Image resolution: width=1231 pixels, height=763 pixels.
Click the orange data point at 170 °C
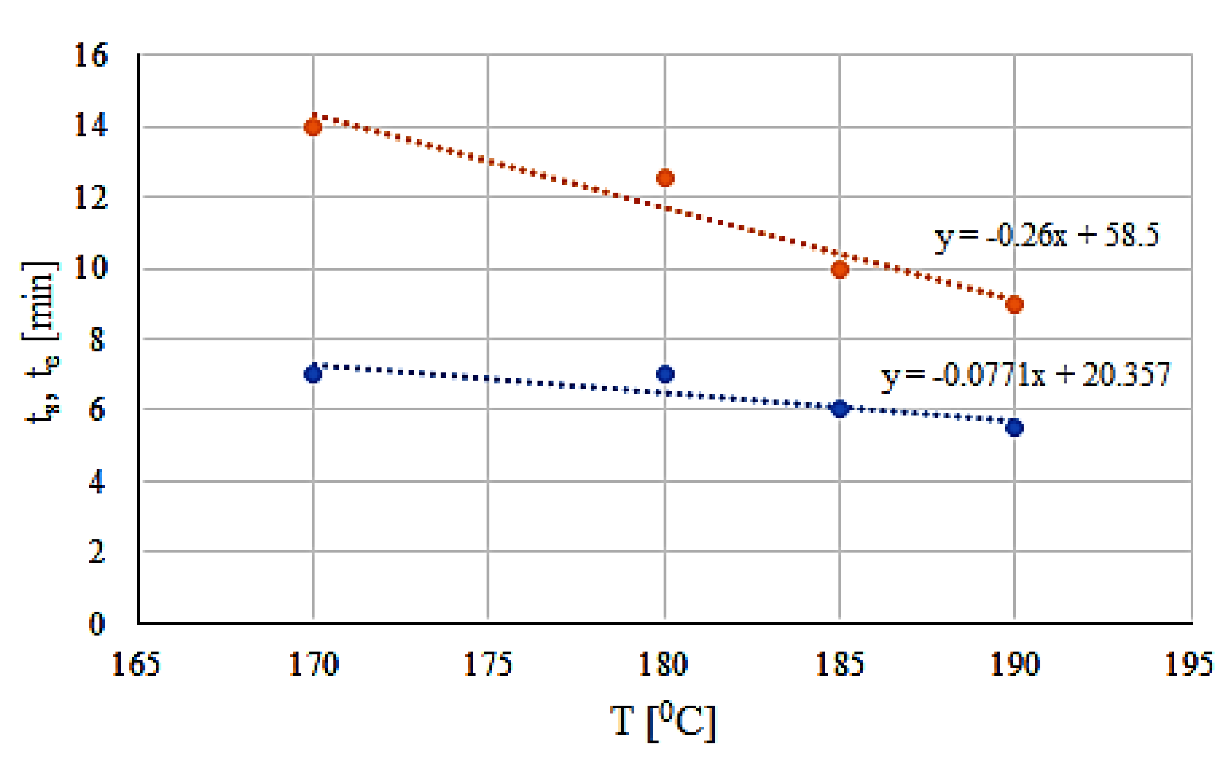[313, 127]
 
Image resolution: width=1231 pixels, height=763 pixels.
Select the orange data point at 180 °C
[665, 178]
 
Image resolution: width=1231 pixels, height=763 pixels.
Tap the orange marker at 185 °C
[839, 269]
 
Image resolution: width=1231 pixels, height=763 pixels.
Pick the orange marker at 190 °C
[1014, 304]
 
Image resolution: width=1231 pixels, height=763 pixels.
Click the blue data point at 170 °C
[313, 374]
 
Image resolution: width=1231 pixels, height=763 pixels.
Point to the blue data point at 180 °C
[665, 374]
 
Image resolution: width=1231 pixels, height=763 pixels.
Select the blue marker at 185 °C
[839, 408]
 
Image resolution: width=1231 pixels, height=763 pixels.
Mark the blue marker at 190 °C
[1014, 428]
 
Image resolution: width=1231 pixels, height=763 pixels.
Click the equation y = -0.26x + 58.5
[1047, 236]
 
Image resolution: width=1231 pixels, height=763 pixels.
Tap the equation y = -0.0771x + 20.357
[1024, 375]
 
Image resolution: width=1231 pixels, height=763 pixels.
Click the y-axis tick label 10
[91, 267]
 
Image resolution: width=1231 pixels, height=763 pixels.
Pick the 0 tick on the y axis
[96, 624]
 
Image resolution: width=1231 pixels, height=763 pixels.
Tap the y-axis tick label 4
[96, 482]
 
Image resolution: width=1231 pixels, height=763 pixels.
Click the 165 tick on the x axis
[135, 664]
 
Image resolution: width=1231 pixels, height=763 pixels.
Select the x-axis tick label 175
[488, 664]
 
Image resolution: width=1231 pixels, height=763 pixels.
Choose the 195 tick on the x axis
[1189, 664]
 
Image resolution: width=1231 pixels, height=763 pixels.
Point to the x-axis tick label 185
[839, 664]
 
